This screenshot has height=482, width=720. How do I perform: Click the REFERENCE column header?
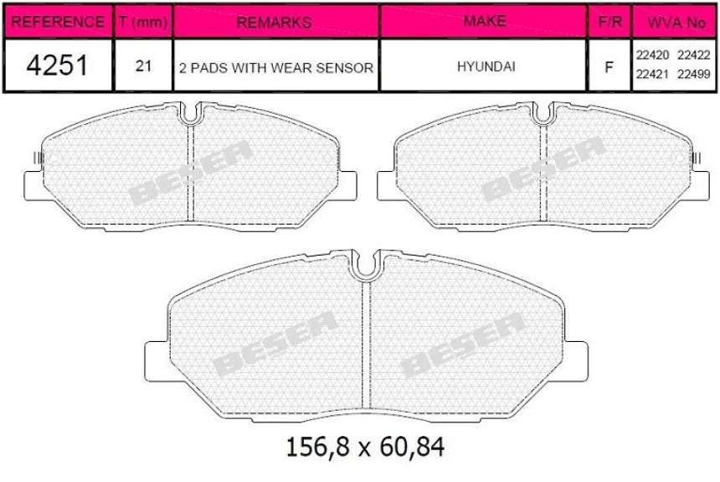pyautogui.click(x=57, y=22)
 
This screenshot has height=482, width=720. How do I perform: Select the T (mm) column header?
pyautogui.click(x=142, y=22)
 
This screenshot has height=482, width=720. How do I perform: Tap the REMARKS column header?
pyautogui.click(x=275, y=22)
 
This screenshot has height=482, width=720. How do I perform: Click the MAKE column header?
pyautogui.click(x=484, y=22)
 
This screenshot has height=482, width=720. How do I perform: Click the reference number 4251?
pyautogui.click(x=57, y=66)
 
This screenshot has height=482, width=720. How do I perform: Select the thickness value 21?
pyautogui.click(x=143, y=66)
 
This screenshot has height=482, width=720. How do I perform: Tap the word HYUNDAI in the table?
pyautogui.click(x=484, y=66)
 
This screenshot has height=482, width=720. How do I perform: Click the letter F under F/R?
pyautogui.click(x=609, y=67)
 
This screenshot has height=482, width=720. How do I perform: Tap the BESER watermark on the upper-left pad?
pyautogui.click(x=191, y=172)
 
